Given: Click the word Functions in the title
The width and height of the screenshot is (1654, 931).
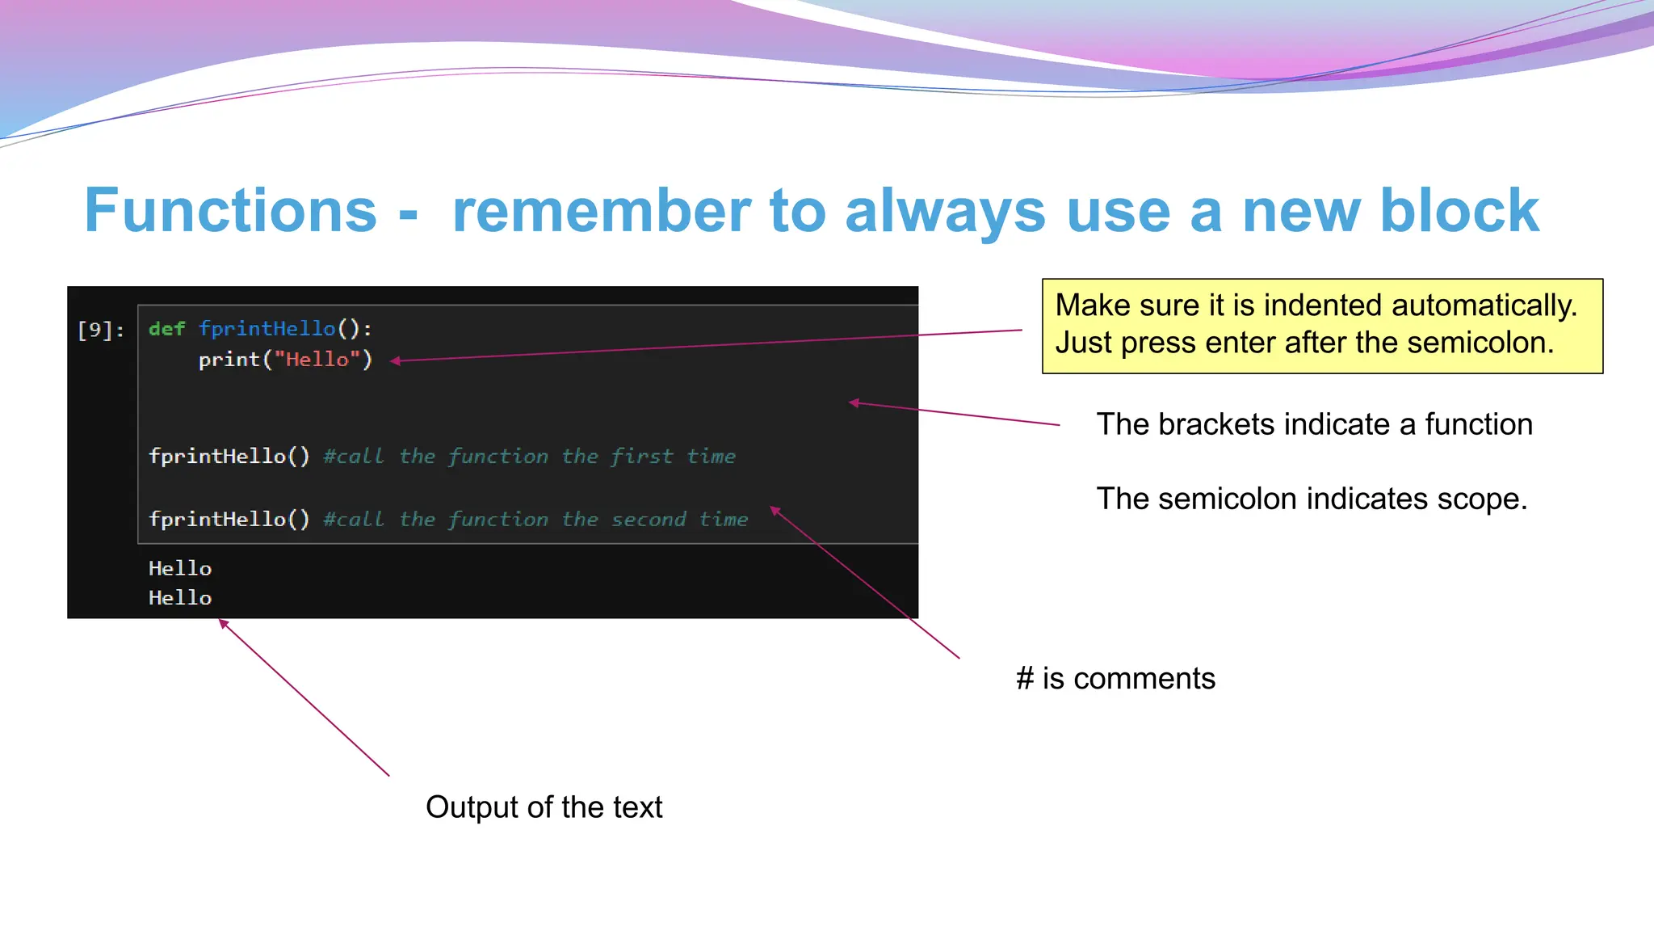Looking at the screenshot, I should coord(230,211).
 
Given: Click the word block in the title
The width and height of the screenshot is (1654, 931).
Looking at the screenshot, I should coord(1459,211).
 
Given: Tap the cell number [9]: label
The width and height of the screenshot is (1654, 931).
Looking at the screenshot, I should coord(101,330).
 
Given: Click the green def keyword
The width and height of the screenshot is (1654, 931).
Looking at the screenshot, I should coord(167,329).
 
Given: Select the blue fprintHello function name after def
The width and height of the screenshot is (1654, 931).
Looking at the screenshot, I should coord(267,329).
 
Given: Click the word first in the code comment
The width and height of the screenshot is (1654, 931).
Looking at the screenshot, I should coord(641,457).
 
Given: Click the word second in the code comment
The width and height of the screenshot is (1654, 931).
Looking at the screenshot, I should coord(649,520).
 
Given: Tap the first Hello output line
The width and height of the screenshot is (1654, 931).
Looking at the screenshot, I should coord(180,569).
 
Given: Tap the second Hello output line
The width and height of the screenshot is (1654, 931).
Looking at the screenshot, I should coord(180,598).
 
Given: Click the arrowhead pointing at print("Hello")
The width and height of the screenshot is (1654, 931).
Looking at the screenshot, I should coord(395,361).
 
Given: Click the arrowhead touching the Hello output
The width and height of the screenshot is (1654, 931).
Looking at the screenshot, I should coord(224,623).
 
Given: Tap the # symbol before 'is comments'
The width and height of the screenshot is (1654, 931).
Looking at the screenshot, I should coord(1025,679).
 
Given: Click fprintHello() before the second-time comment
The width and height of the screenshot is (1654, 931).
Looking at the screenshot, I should coord(229,520).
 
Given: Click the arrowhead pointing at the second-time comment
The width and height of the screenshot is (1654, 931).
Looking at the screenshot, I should coord(775,510).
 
